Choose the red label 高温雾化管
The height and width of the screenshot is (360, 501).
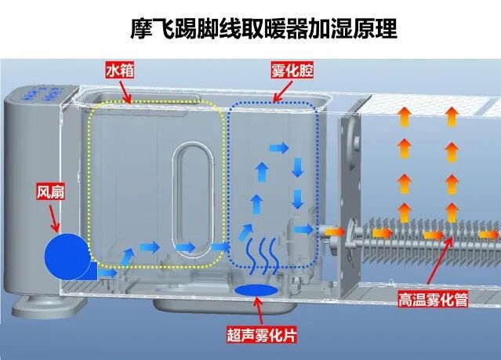(430, 299)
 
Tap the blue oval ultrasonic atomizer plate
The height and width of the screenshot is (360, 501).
(256, 291)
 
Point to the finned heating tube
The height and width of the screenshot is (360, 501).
(423, 234)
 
